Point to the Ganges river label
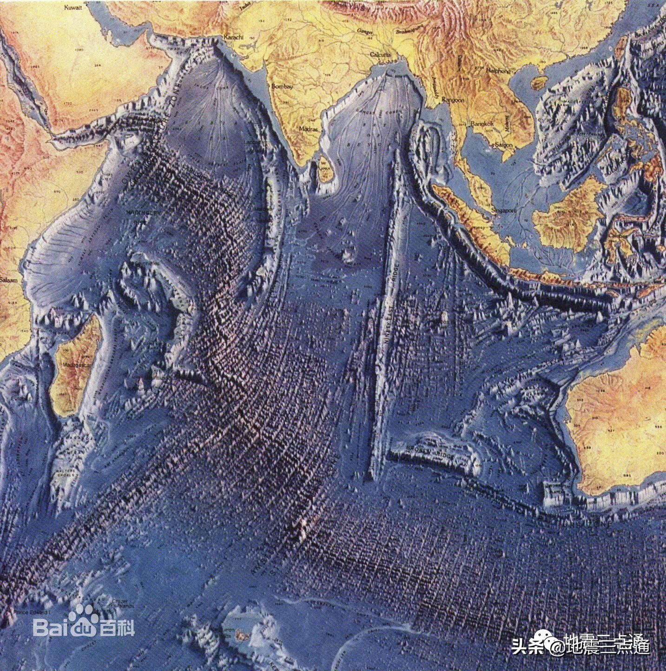[x=362, y=31]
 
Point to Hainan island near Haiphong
[x=538, y=83]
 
